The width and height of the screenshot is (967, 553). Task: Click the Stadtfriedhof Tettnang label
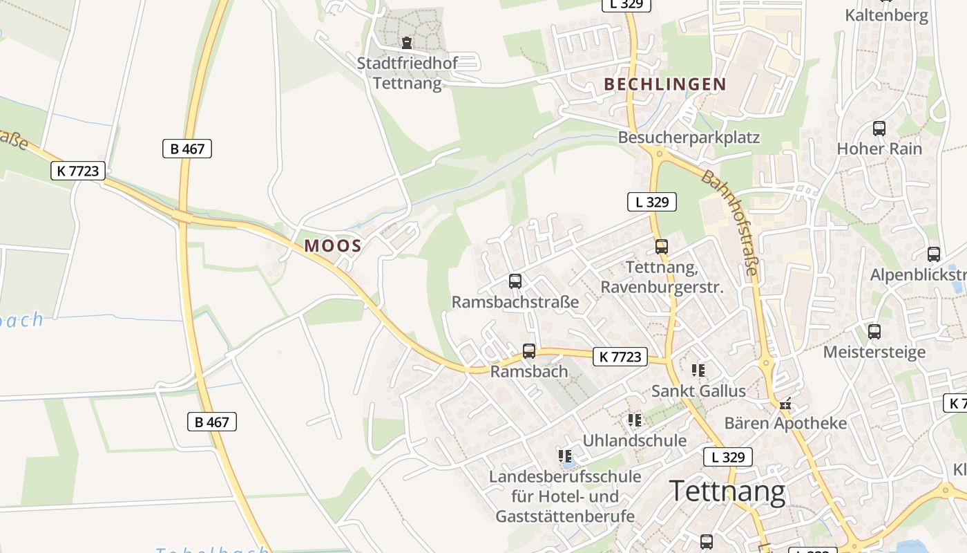point(408,73)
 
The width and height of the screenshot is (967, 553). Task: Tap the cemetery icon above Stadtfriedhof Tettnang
point(407,43)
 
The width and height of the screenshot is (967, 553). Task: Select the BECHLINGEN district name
point(665,84)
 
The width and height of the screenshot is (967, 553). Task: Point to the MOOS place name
point(333,245)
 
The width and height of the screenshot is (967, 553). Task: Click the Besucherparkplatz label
point(689,138)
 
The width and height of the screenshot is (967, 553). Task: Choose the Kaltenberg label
point(887,15)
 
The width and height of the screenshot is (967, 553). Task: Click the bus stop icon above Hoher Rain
point(879,128)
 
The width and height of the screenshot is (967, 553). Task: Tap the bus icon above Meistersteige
point(874,331)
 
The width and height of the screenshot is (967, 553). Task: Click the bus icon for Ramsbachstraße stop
point(515,281)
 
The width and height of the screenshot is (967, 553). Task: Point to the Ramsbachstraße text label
point(515,302)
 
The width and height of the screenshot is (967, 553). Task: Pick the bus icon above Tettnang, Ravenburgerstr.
point(662,246)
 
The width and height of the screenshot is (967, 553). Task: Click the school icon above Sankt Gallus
point(698,371)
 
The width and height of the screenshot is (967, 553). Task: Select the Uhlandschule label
point(635,440)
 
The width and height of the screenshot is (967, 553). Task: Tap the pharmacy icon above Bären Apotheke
point(785,404)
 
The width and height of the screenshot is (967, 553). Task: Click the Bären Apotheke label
point(785,423)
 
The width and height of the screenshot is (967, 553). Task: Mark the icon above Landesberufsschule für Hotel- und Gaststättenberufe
point(565,456)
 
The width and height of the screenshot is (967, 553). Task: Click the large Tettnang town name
point(727,492)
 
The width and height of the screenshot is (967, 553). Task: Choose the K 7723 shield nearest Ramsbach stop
point(620,357)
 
